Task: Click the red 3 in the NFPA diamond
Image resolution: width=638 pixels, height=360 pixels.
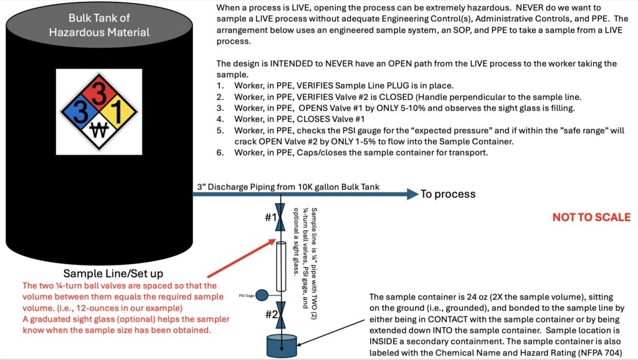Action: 98,92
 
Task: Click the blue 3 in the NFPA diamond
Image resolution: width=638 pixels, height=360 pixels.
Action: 80,111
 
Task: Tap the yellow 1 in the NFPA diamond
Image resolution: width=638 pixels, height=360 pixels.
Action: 117,111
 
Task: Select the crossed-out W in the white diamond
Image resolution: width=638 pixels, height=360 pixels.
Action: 99,130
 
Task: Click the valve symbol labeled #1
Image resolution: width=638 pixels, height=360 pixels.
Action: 280,217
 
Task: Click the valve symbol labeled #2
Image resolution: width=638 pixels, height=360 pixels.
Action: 280,315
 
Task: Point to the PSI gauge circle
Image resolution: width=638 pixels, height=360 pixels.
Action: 262,295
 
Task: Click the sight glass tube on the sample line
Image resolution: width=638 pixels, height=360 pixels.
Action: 281,266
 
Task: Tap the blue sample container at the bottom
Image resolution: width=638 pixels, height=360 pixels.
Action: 282,345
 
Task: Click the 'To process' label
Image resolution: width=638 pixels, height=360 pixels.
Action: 448,194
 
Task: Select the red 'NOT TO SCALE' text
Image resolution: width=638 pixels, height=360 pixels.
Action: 591,217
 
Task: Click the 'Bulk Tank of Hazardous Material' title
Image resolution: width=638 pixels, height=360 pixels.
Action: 99,25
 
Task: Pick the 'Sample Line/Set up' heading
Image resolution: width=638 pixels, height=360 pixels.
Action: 113,273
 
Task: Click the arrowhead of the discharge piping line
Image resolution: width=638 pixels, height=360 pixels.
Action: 413,194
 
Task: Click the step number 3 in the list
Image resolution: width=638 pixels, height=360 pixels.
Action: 220,108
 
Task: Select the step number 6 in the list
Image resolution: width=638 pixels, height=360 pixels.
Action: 220,153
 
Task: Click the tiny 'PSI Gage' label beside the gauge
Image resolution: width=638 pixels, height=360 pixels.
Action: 247,296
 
